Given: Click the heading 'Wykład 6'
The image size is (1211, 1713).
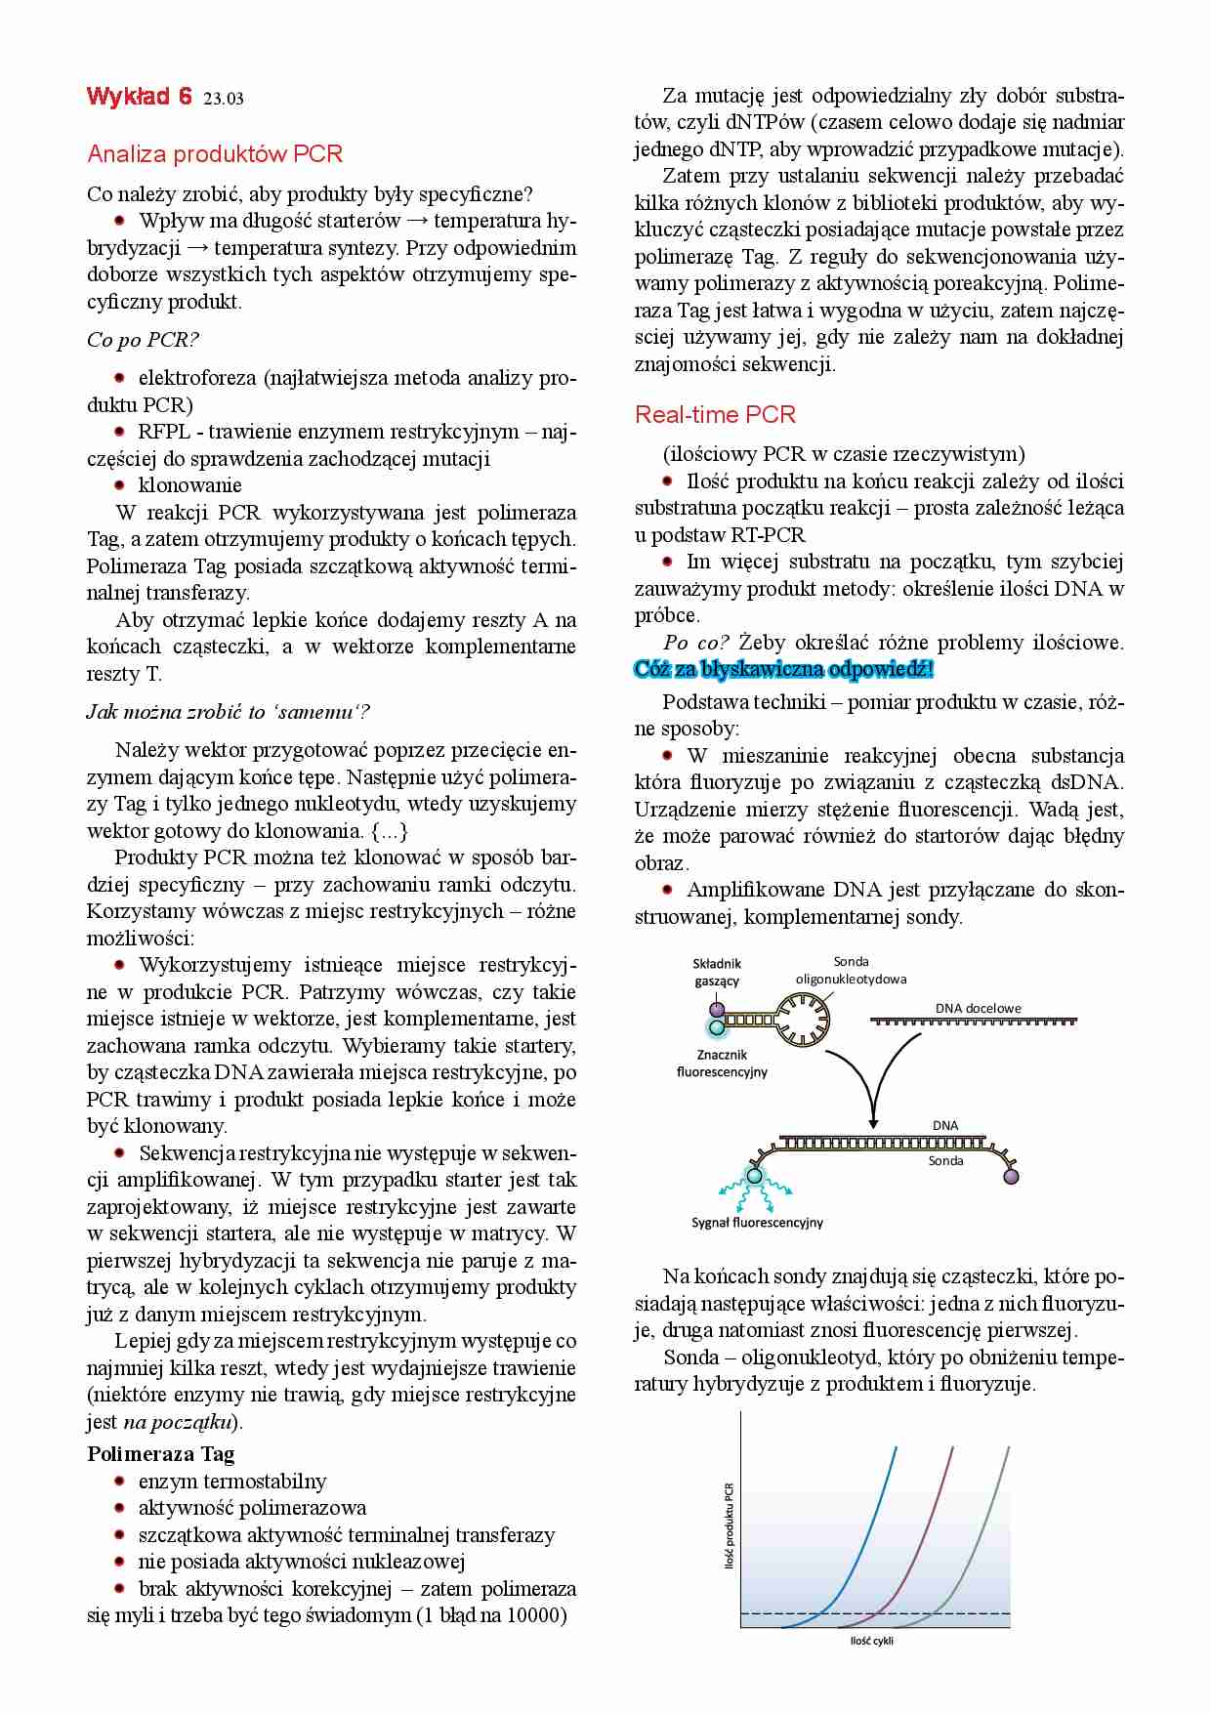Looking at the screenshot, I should pos(139,96).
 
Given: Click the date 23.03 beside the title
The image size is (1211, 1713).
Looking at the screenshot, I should pos(224,98).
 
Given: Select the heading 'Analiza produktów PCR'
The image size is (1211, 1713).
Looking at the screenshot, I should pos(215,153).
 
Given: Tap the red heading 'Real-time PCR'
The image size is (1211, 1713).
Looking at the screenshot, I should pos(715,414).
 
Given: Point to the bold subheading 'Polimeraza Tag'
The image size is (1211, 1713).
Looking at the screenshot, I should pos(160,1454).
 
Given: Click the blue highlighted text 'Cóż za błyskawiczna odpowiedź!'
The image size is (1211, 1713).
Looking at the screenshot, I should pos(784,670).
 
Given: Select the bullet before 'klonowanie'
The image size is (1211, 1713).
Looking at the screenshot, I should pos(120,484).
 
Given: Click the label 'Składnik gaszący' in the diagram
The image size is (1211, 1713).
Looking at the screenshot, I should pos(717,972).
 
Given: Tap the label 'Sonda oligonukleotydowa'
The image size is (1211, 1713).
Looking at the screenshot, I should pos(851,970).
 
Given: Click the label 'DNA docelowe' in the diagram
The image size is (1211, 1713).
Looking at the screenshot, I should pos(978,1008).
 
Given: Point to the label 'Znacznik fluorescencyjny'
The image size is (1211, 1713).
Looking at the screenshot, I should pos(722,1064).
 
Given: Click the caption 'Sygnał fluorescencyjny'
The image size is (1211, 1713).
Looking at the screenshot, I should pos(757,1222).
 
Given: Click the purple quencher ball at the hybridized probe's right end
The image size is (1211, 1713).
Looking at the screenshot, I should pos(1011,1177).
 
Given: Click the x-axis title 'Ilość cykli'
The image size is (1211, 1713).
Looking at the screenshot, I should pos(872,1641).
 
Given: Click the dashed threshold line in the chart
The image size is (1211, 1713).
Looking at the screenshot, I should pos(967,1611).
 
